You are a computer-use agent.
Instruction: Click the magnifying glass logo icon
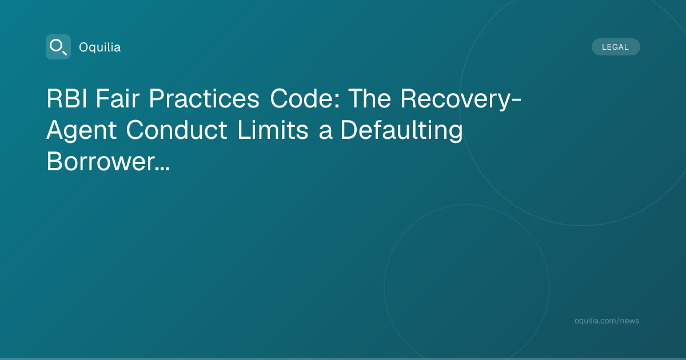[58, 47]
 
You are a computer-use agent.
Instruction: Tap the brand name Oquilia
[100, 47]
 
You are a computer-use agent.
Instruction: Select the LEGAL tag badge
[616, 47]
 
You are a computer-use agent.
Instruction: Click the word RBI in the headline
[67, 98]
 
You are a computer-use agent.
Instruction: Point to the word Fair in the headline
[118, 98]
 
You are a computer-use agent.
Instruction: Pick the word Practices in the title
[204, 98]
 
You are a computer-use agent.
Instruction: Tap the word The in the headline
[370, 98]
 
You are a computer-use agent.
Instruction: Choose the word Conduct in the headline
[177, 130]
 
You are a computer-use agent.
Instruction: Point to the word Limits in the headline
[273, 130]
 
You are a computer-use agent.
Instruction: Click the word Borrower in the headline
[101, 161]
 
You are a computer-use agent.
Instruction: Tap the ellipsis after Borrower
[162, 169]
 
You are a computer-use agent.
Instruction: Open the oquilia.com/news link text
[607, 321]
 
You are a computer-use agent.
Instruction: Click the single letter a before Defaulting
[325, 133]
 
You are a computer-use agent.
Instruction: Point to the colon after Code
[337, 102]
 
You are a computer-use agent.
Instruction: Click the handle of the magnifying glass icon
[65, 53]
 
